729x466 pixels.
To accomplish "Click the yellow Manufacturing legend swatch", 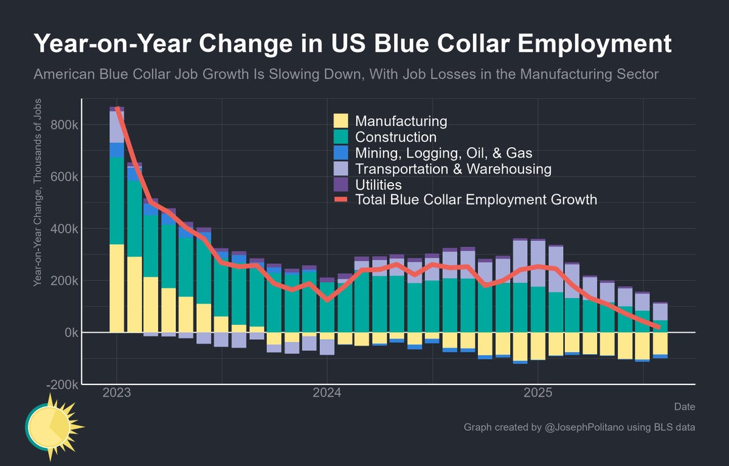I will (341, 120).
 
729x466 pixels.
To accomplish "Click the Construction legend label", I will (396, 137).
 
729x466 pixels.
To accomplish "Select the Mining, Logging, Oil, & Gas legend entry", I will (444, 153).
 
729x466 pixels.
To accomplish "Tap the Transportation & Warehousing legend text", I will (453, 169).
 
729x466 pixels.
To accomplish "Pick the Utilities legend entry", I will (378, 184).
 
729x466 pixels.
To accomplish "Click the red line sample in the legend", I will (341, 200).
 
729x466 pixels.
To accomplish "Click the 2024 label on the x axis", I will (327, 393).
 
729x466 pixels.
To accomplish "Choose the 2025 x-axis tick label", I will (537, 393).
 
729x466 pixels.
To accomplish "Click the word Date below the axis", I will (684, 406).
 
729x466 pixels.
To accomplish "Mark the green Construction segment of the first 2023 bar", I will (117, 201).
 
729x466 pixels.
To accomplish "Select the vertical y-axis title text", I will (38, 192).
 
